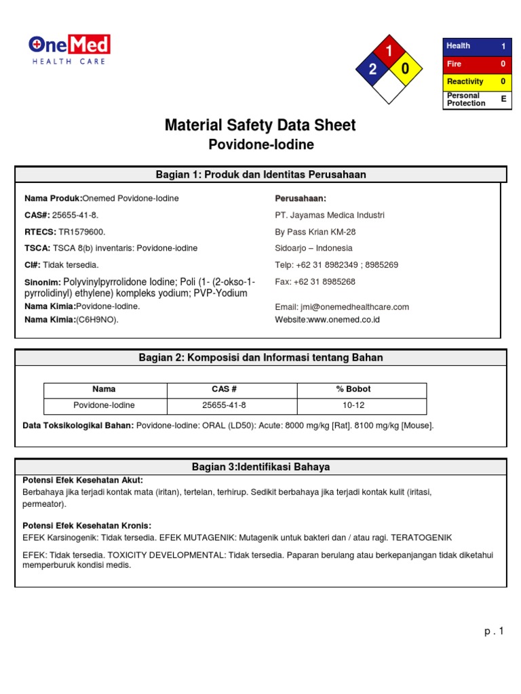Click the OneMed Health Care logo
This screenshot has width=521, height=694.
tap(69, 50)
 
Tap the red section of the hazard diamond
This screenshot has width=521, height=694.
tap(389, 53)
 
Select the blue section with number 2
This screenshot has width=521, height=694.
tap(372, 70)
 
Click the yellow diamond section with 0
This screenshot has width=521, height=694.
tap(405, 70)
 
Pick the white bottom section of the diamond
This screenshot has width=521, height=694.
tap(389, 87)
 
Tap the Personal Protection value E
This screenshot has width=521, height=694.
tap(503, 99)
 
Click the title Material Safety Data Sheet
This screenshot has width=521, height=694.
tap(260, 125)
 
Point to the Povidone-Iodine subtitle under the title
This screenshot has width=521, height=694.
tap(260, 145)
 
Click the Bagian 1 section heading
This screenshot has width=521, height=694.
tap(260, 175)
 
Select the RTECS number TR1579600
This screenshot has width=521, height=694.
tap(81, 232)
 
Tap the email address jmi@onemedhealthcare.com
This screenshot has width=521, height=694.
tap(342, 307)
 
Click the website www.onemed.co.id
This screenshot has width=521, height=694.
tap(327, 319)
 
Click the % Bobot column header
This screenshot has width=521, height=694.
tap(353, 390)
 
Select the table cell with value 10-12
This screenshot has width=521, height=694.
tap(353, 405)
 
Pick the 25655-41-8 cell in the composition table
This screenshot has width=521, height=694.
tap(225, 405)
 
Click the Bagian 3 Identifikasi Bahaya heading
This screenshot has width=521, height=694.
tap(260, 468)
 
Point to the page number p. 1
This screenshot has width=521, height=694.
tap(495, 632)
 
